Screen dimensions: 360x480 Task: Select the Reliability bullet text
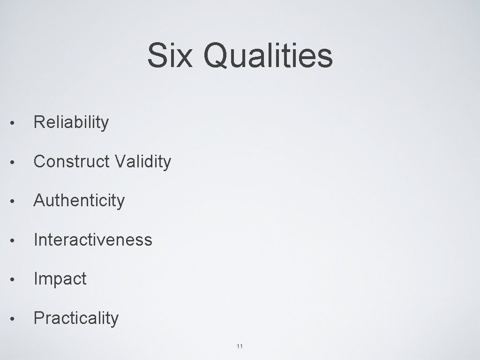point(71,123)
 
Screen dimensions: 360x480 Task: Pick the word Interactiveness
point(93,240)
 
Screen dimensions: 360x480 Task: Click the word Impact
point(60,279)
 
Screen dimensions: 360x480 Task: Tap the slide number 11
point(240,346)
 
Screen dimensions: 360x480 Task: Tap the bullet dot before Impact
point(16,280)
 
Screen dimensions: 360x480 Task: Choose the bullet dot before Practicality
point(16,319)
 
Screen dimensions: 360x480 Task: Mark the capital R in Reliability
point(39,123)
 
